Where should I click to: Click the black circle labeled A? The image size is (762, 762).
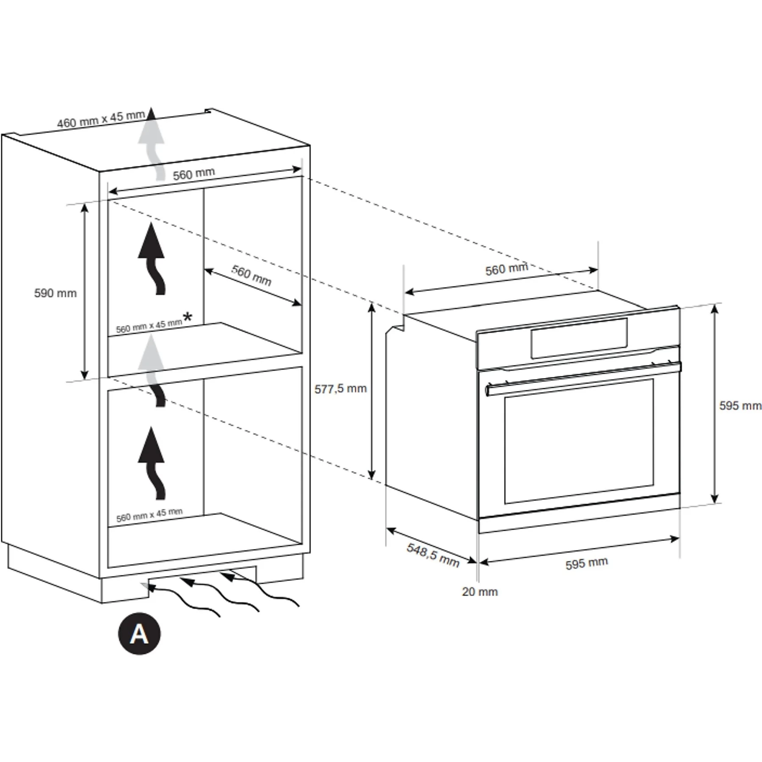click(x=139, y=634)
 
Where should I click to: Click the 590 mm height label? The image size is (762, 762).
click(x=55, y=293)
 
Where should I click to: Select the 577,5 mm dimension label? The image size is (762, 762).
click(x=340, y=389)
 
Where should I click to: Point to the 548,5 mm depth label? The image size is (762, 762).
click(x=433, y=555)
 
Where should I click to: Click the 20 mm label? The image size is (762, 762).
click(x=480, y=591)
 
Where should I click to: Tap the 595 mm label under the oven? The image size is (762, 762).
click(x=586, y=563)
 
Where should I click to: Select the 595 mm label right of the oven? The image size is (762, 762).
click(x=740, y=406)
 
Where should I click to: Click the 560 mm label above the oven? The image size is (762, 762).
click(x=506, y=269)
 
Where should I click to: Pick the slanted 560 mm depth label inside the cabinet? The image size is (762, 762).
click(x=251, y=275)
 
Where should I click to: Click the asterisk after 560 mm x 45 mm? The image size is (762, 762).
click(x=187, y=317)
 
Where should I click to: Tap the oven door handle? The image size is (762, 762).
click(x=583, y=378)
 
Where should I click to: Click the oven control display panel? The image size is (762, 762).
click(x=579, y=339)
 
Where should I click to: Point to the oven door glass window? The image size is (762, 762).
click(x=579, y=441)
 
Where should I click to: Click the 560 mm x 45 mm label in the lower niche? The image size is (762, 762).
click(x=149, y=515)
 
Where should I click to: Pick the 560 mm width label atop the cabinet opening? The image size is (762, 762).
click(x=194, y=174)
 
